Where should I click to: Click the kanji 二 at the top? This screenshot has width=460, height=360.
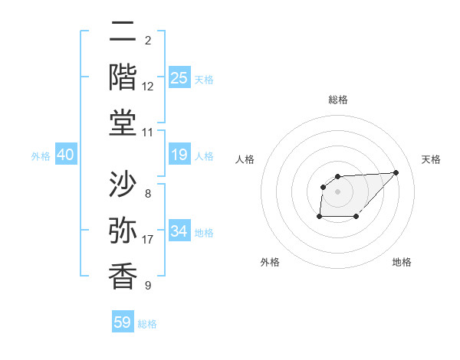[x=123, y=32]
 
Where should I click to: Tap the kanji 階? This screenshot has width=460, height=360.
[x=123, y=77]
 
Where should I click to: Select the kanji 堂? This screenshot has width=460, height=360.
[x=123, y=122]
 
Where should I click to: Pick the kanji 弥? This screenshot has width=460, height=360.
[x=123, y=231]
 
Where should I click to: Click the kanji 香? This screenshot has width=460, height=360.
[x=123, y=276]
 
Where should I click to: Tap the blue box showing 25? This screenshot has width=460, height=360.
[x=179, y=77]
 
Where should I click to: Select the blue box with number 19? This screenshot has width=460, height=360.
[x=179, y=155]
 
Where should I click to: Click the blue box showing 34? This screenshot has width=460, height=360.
[x=179, y=231]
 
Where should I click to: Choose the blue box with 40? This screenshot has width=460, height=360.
[x=66, y=155]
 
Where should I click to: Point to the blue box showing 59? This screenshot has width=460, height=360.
[x=123, y=322]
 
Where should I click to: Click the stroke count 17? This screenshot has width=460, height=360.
[x=148, y=240]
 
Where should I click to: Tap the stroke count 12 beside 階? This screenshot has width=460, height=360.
[x=148, y=87]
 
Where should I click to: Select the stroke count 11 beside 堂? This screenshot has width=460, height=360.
[x=148, y=133]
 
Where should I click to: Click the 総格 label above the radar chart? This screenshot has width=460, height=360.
[x=338, y=100]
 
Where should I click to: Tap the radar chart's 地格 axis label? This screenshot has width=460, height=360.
[x=402, y=263]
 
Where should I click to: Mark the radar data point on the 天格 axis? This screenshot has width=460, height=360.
[x=396, y=172]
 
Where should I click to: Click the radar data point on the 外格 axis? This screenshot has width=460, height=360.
[x=319, y=218]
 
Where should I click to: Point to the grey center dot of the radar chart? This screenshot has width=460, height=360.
[x=338, y=191]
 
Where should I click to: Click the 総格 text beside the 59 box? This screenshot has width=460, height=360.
[x=148, y=324]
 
